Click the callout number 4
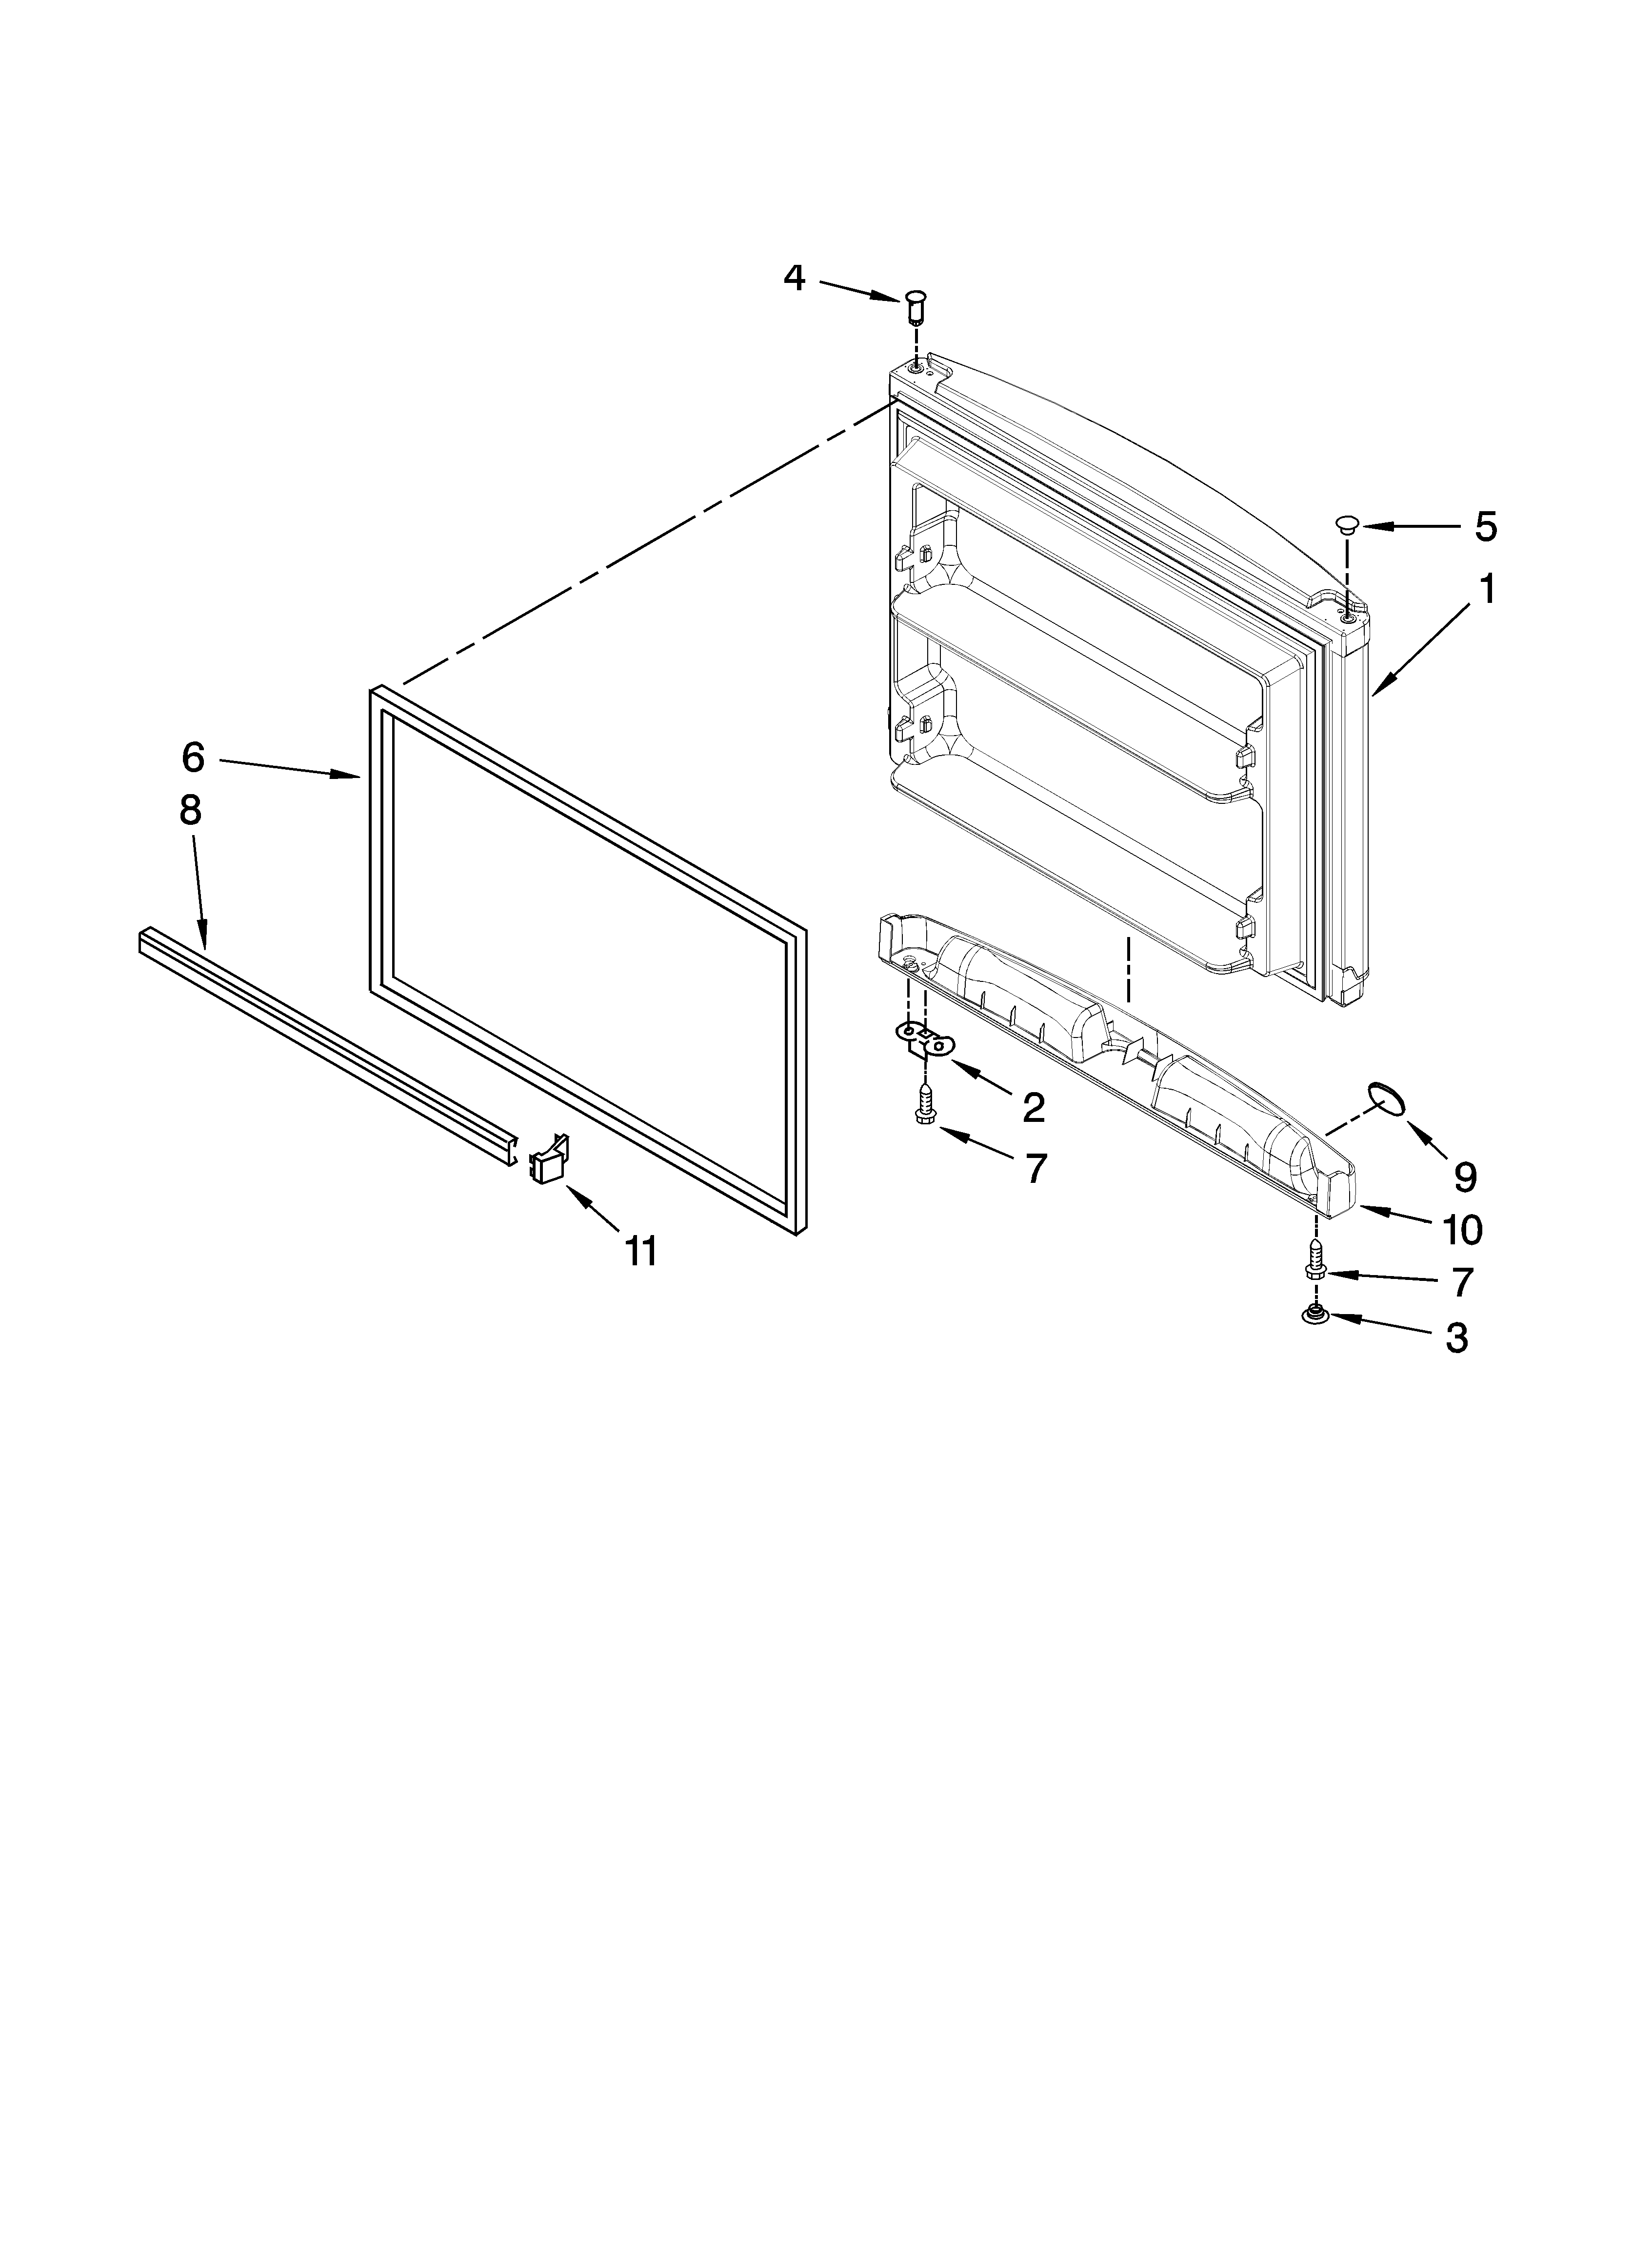pyautogui.click(x=794, y=278)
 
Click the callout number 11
pyautogui.click(x=641, y=1251)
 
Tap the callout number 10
pyautogui.click(x=1462, y=1230)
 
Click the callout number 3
pyautogui.click(x=1456, y=1337)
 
